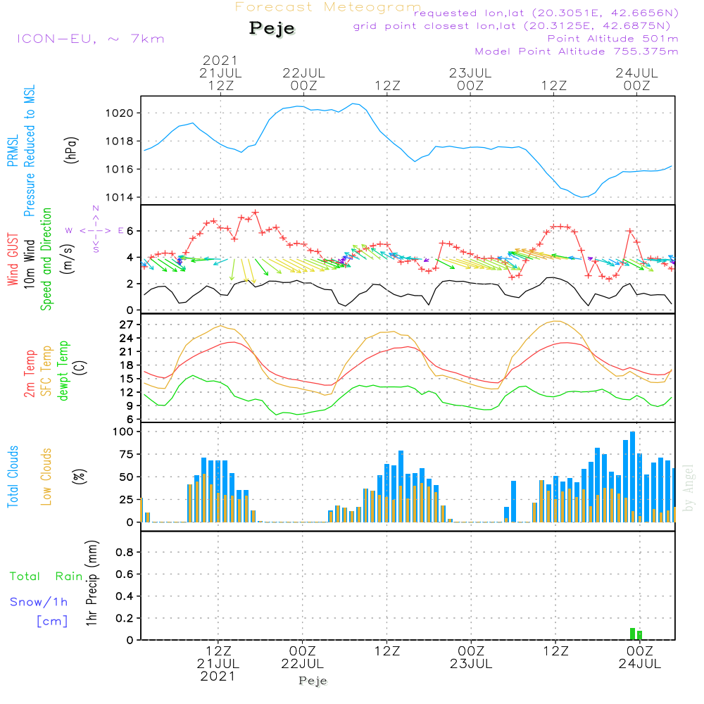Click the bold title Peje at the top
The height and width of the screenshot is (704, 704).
(272, 28)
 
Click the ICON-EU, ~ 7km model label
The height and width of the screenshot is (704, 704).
(90, 38)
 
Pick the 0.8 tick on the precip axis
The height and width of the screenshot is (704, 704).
(125, 553)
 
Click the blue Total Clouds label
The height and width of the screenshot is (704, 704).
(13, 477)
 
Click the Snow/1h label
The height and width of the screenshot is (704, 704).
(39, 602)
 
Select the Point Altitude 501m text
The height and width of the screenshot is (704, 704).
(612, 39)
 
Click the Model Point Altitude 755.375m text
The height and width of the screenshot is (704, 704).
(576, 51)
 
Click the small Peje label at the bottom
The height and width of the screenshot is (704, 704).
(313, 681)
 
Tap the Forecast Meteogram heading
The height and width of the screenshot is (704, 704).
(328, 7)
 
